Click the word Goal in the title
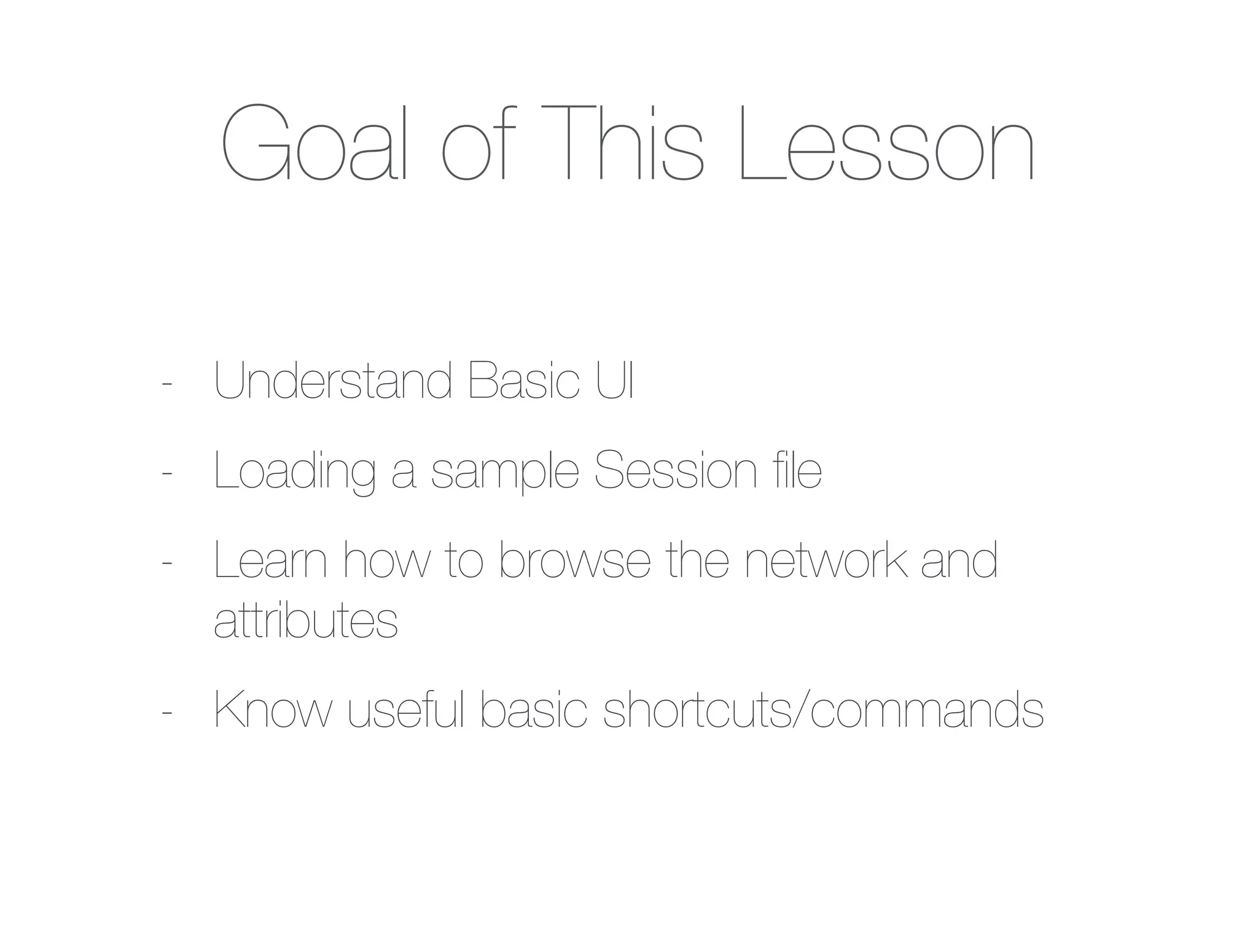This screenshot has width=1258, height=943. click(x=313, y=144)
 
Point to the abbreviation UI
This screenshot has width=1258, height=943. click(x=615, y=382)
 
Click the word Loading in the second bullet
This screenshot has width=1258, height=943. click(x=294, y=472)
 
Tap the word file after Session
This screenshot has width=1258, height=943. click(x=797, y=472)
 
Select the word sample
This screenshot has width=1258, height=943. click(x=505, y=472)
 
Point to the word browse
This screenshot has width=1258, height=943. click(x=574, y=561)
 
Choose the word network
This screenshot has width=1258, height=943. click(x=826, y=561)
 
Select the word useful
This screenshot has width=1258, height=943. click(x=406, y=712)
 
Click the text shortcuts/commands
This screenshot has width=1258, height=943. click(x=823, y=712)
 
